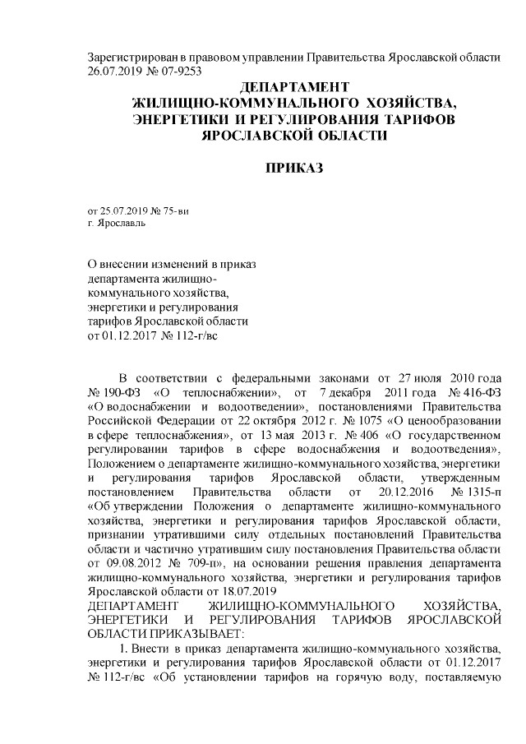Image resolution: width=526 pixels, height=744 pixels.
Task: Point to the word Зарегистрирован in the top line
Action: pos(131,57)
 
